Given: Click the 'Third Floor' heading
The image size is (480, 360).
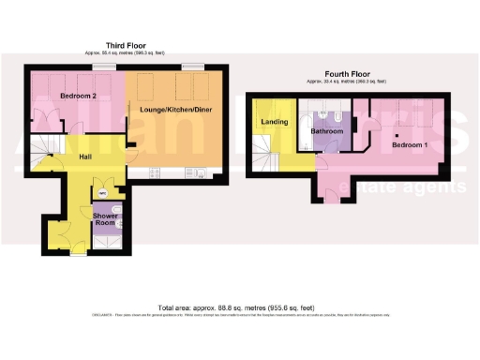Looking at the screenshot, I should tap(125, 45).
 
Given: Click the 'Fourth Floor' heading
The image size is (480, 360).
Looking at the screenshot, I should tap(352, 76).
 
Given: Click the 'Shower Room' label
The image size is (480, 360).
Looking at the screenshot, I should tap(105, 220).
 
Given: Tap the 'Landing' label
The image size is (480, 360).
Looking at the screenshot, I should tap(275, 122).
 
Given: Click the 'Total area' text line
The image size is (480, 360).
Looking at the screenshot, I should tap(239, 307).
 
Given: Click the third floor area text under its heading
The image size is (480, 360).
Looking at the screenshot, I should tap(125, 53).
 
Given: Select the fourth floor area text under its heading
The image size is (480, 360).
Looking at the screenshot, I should tap(352, 83).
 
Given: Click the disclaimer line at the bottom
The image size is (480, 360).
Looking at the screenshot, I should tap(239, 316).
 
